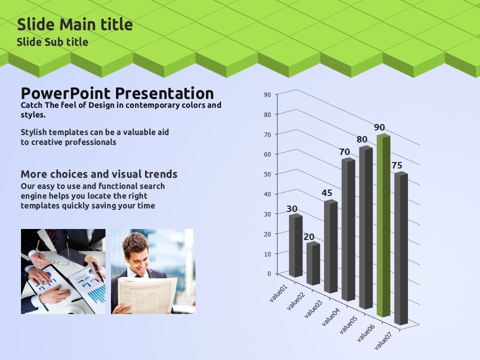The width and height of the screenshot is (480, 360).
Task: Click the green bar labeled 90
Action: (x=383, y=225)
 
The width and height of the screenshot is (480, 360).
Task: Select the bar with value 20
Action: (x=313, y=263)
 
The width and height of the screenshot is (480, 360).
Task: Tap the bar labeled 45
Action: (x=330, y=246)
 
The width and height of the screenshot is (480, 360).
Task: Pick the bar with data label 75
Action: (x=401, y=248)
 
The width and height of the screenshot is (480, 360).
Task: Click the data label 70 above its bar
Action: (x=344, y=152)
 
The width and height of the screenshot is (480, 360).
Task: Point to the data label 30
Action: (x=291, y=209)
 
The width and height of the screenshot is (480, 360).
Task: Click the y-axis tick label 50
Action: (x=267, y=174)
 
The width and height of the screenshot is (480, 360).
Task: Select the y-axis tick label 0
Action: (x=269, y=273)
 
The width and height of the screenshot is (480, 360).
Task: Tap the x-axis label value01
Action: (x=278, y=293)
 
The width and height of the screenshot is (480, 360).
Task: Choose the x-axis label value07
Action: (x=383, y=340)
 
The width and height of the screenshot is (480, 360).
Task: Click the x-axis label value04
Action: (x=330, y=317)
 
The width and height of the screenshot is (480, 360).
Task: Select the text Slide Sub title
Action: (x=52, y=42)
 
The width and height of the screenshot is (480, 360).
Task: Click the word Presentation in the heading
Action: (x=164, y=93)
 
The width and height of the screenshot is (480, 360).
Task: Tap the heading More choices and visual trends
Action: (x=99, y=174)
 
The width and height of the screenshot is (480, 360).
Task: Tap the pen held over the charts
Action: (x=97, y=271)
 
